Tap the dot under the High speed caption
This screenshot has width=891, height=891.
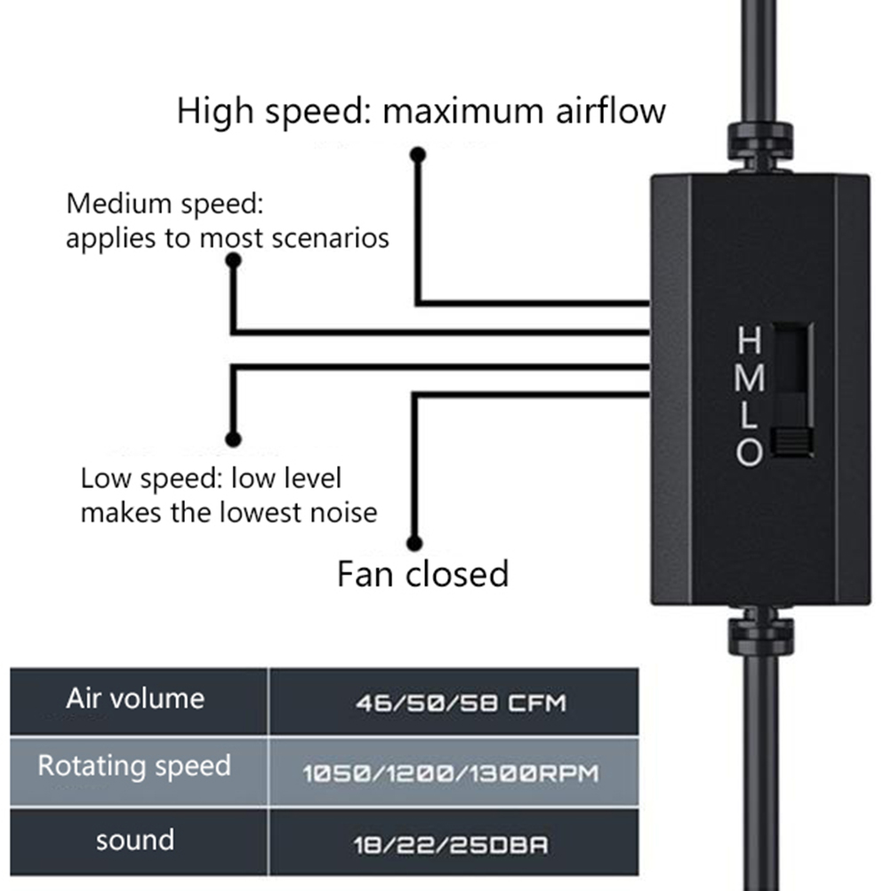pyautogui.click(x=417, y=155)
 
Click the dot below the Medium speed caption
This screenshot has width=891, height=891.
pyautogui.click(x=234, y=261)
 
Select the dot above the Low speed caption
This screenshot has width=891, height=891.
pyautogui.click(x=234, y=438)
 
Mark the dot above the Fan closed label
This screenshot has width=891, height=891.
pyautogui.click(x=414, y=542)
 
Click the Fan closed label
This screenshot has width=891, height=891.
pyautogui.click(x=422, y=574)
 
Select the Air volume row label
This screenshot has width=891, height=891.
pyautogui.click(x=134, y=698)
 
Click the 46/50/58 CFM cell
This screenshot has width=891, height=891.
pyautogui.click(x=460, y=703)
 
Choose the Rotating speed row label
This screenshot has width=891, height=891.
pyautogui.click(x=134, y=766)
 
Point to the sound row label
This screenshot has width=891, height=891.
pyautogui.click(x=134, y=839)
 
